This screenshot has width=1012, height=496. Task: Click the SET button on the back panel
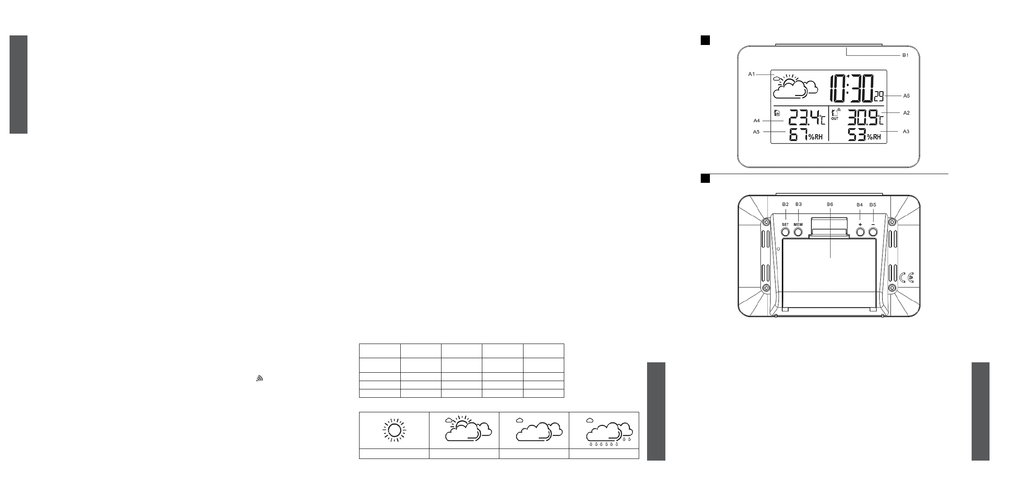pos(785,231)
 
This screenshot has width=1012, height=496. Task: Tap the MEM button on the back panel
pos(798,231)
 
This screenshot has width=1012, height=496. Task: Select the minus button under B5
pos(873,231)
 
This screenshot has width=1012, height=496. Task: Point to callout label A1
pos(752,74)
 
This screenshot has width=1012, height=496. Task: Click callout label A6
pos(906,96)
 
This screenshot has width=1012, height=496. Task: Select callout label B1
pos(905,55)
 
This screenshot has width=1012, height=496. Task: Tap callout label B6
pos(830,204)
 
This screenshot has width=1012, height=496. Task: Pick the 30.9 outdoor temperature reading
pos(861,117)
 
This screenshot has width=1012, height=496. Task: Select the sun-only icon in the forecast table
pos(394,430)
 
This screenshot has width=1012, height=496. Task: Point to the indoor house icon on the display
pos(776,112)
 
